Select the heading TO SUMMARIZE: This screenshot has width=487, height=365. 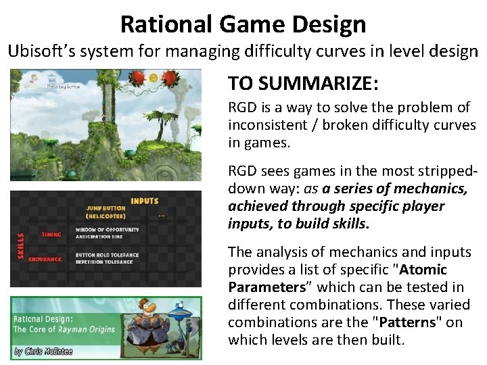click(303, 83)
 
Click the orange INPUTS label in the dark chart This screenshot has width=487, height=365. click(145, 201)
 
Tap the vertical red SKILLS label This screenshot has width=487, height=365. click(20, 246)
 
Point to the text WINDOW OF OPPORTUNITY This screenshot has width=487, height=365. click(112, 229)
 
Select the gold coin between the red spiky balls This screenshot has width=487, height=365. click(154, 78)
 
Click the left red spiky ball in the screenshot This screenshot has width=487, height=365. click(137, 78)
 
